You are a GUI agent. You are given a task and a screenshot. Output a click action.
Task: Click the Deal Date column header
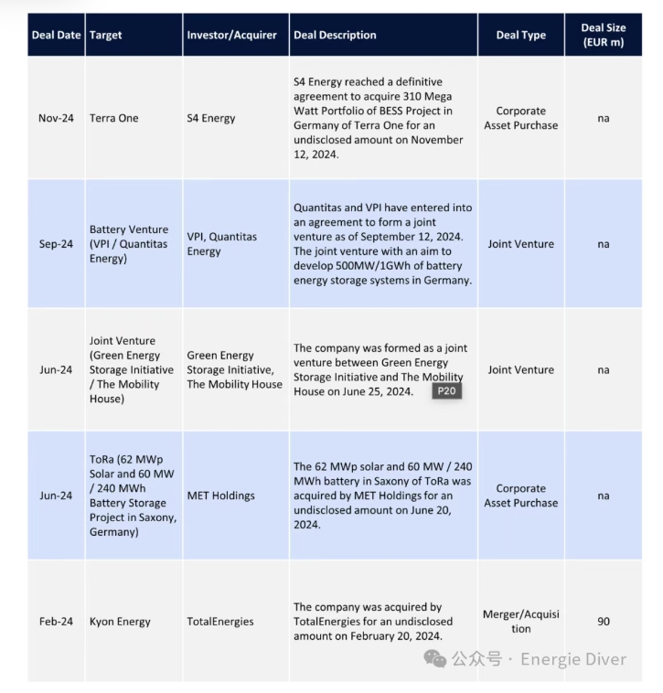[x=56, y=35]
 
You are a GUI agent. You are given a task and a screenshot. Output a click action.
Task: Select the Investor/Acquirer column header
[x=231, y=35]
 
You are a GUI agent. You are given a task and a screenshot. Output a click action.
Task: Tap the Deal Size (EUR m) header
[x=604, y=35]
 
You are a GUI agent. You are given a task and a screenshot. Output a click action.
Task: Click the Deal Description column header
[x=335, y=35]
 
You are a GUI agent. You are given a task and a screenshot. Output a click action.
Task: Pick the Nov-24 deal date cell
[x=56, y=118]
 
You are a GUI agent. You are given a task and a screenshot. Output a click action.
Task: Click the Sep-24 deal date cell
[x=56, y=244]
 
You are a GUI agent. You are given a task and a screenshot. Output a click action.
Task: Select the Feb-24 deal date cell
[x=56, y=622]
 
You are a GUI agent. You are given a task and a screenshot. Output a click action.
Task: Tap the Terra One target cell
[x=114, y=118]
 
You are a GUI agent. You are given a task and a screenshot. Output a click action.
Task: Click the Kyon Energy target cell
[x=120, y=622]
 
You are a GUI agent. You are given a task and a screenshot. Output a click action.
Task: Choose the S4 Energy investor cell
[x=211, y=118]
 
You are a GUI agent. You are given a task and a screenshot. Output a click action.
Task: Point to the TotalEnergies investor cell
[x=219, y=622]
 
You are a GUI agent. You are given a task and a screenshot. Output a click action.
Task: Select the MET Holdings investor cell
[x=221, y=496]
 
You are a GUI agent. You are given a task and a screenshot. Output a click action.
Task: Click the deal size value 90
[x=604, y=622]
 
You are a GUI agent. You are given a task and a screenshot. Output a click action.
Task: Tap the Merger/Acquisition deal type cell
[x=520, y=622]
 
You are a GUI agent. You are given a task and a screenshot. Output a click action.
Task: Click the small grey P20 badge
[x=446, y=391]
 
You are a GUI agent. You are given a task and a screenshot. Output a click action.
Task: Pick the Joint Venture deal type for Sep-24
[x=520, y=244]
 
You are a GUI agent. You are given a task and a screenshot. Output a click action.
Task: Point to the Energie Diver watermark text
[x=573, y=659]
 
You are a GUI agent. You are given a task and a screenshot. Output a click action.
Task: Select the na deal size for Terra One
[x=604, y=118]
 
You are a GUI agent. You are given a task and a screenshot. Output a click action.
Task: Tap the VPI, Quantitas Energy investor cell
[x=222, y=244]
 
